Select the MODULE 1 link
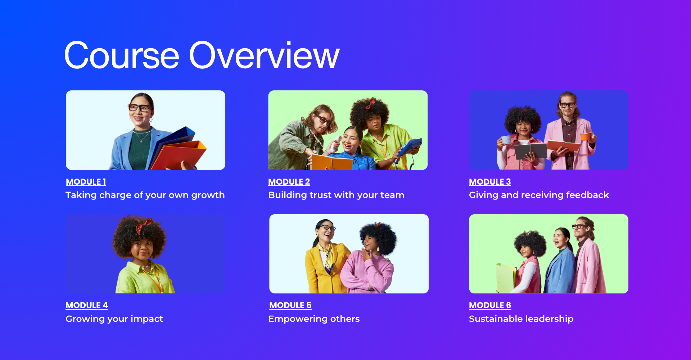(x=86, y=182)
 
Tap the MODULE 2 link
(x=289, y=182)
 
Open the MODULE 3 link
(x=490, y=182)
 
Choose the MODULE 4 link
(x=87, y=305)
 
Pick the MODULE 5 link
(x=290, y=305)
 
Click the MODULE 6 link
(x=490, y=305)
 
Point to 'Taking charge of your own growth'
(x=145, y=195)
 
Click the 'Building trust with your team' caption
(x=336, y=195)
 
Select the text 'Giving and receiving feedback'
(x=539, y=195)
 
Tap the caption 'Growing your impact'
(x=114, y=319)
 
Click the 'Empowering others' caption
(x=314, y=319)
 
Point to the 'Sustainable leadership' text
(x=521, y=319)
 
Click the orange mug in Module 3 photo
(x=586, y=136)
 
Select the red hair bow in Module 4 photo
(x=143, y=226)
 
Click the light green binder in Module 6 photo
(x=506, y=277)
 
